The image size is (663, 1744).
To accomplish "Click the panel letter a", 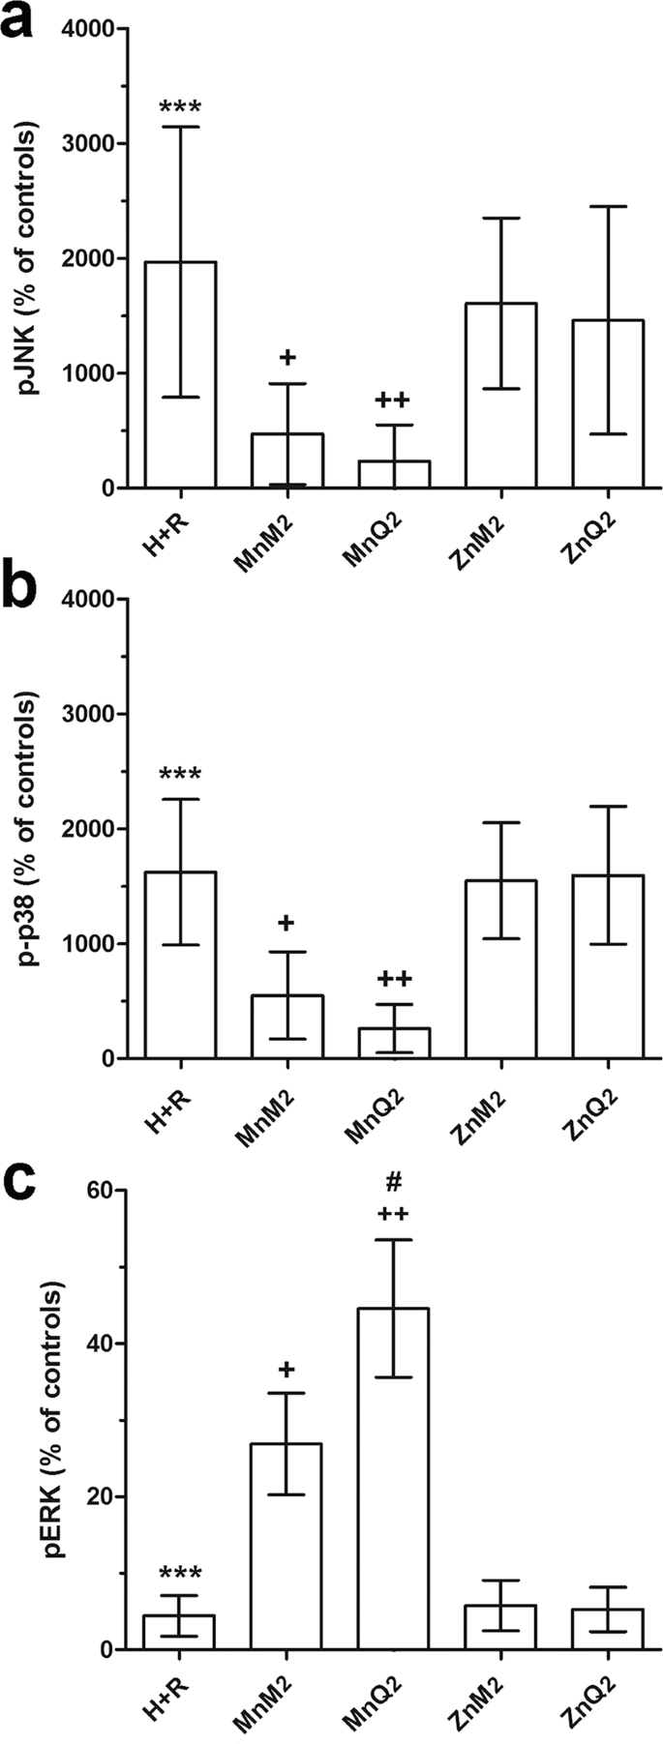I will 21,21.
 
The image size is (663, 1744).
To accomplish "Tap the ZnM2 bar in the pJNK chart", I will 500,396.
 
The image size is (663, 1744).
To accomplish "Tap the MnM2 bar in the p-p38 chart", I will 286,1026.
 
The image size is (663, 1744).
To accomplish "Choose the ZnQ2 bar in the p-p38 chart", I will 608,966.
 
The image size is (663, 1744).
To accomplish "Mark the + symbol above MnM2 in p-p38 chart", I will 286,923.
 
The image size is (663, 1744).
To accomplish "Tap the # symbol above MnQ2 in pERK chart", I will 394,1183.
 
